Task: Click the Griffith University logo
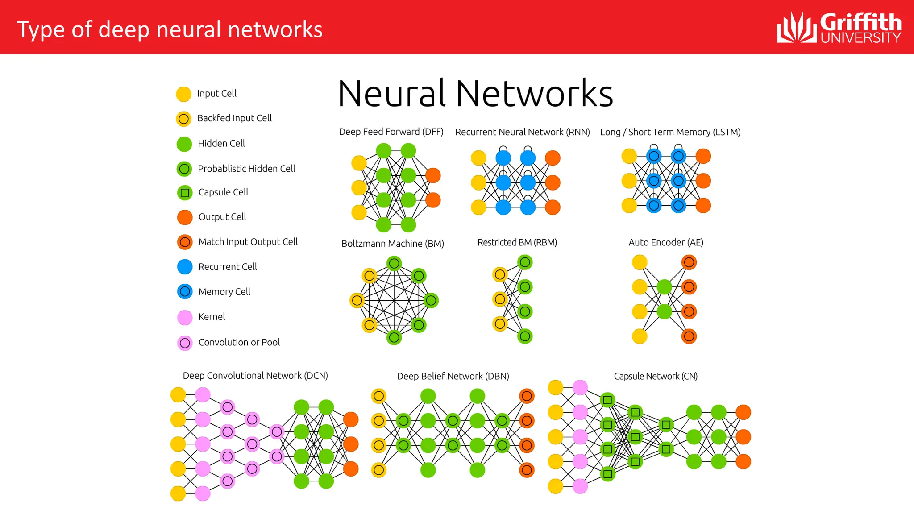pyautogui.click(x=839, y=28)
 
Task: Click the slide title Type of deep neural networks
pyautogui.click(x=170, y=29)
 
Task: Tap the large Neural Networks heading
pyautogui.click(x=475, y=94)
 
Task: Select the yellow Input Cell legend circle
pyautogui.click(x=183, y=94)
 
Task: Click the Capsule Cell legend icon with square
pyautogui.click(x=184, y=193)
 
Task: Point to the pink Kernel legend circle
pyautogui.click(x=185, y=317)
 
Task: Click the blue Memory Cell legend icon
pyautogui.click(x=185, y=292)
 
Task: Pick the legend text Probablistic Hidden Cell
pyautogui.click(x=246, y=169)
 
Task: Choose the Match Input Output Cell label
pyautogui.click(x=248, y=242)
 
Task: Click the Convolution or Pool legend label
pyautogui.click(x=239, y=342)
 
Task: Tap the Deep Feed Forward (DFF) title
pyautogui.click(x=391, y=132)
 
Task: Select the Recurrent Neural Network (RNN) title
pyautogui.click(x=522, y=132)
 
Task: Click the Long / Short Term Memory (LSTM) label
pyautogui.click(x=670, y=132)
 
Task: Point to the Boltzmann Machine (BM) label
pyautogui.click(x=392, y=244)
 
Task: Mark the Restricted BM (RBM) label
pyautogui.click(x=517, y=242)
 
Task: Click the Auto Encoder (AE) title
pyautogui.click(x=666, y=242)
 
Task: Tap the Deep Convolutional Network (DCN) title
pyautogui.click(x=255, y=376)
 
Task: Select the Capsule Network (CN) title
pyautogui.click(x=656, y=376)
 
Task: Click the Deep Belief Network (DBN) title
pyautogui.click(x=453, y=376)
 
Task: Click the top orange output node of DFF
pyautogui.click(x=433, y=175)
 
